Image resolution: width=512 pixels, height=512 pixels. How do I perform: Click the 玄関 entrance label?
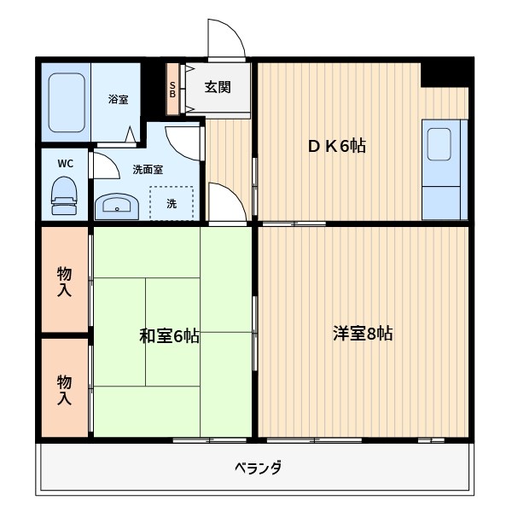click(215, 87)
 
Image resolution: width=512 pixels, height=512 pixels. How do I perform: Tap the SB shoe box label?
click(172, 89)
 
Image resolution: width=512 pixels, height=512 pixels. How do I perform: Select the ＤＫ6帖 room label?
click(337, 146)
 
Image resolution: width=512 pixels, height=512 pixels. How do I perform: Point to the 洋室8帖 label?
click(363, 334)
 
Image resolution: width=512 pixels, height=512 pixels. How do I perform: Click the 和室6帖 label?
click(169, 336)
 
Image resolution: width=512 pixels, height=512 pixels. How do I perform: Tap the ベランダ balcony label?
click(257, 468)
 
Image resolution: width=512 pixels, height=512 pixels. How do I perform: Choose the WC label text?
click(65, 163)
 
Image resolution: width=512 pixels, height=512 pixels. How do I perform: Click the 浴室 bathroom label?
click(119, 100)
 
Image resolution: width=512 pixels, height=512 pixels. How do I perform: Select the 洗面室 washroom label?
click(148, 169)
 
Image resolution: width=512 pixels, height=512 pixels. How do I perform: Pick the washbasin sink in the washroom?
click(115, 205)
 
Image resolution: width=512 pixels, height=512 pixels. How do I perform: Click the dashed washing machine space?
click(172, 203)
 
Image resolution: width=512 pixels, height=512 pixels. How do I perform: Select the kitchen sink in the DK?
click(439, 143)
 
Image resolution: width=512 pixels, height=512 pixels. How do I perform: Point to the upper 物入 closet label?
click(65, 282)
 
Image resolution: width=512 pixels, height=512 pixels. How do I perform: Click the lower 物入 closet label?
click(65, 388)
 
